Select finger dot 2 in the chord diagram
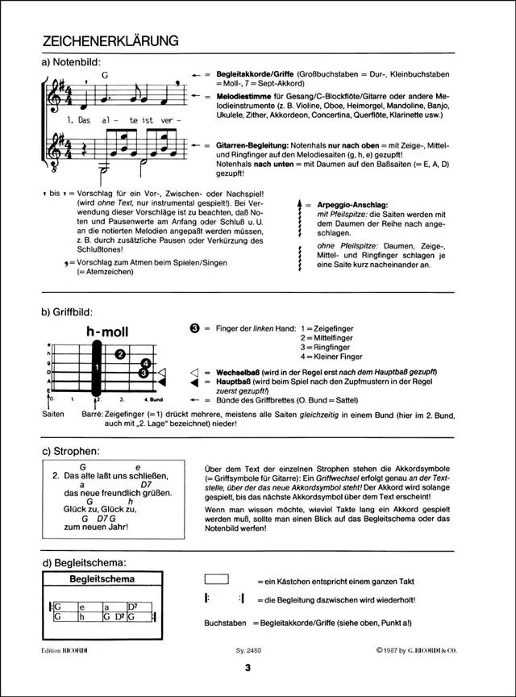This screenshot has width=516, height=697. tap(119, 353)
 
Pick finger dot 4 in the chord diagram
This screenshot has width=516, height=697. tap(145, 364)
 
